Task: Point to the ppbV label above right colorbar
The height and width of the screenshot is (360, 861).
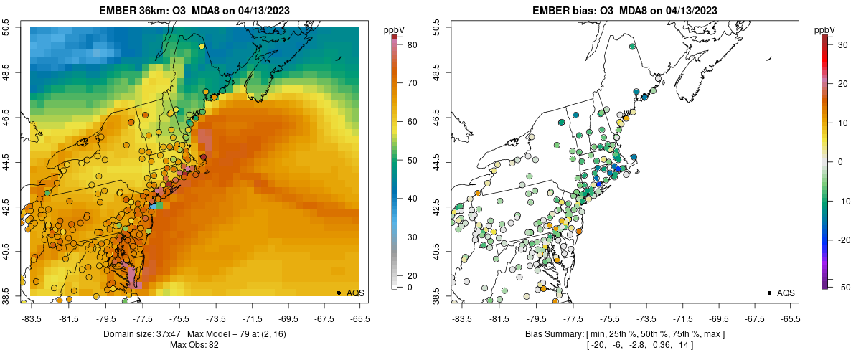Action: (825, 29)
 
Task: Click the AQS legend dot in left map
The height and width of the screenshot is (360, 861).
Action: (338, 293)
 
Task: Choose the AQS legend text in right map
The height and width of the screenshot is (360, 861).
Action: (786, 293)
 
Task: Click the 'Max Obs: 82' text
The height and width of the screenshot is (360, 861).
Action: (194, 345)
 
